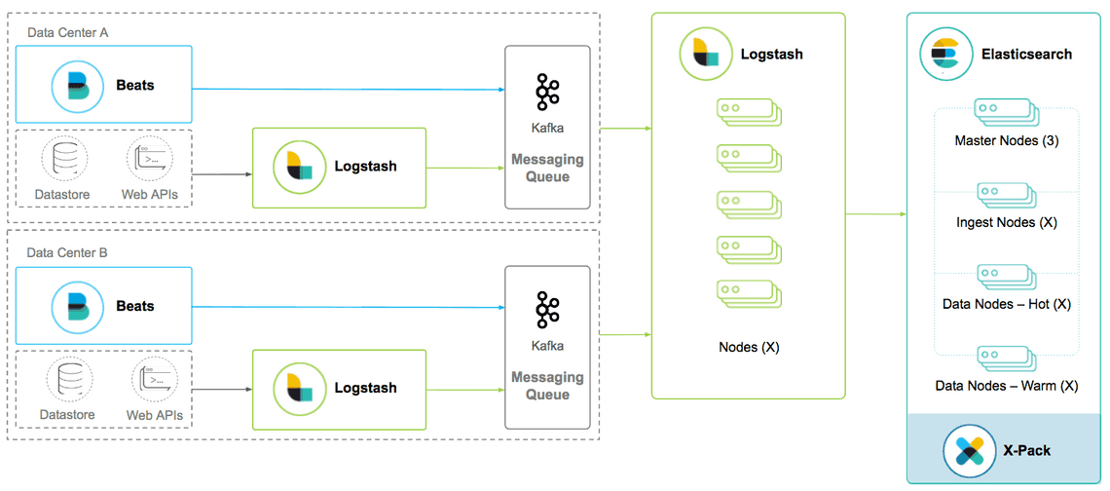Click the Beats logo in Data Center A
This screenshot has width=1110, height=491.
pos(78,86)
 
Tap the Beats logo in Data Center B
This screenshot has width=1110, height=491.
pos(78,306)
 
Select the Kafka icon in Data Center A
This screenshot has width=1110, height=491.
pos(547,92)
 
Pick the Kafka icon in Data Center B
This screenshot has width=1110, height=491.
pos(547,310)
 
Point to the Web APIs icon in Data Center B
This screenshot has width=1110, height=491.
pos(154,379)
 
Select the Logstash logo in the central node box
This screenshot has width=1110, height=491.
pos(705,55)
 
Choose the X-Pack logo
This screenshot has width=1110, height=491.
pos(969,450)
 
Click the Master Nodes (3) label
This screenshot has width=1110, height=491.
pos(1006,141)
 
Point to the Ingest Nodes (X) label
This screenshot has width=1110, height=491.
pos(1006,222)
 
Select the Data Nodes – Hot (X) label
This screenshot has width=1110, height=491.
pos(1006,304)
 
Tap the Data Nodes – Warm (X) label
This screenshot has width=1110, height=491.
pos(1006,386)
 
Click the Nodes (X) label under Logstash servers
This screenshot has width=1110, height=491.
pos(749,347)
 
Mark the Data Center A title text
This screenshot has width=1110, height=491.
pos(68,32)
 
